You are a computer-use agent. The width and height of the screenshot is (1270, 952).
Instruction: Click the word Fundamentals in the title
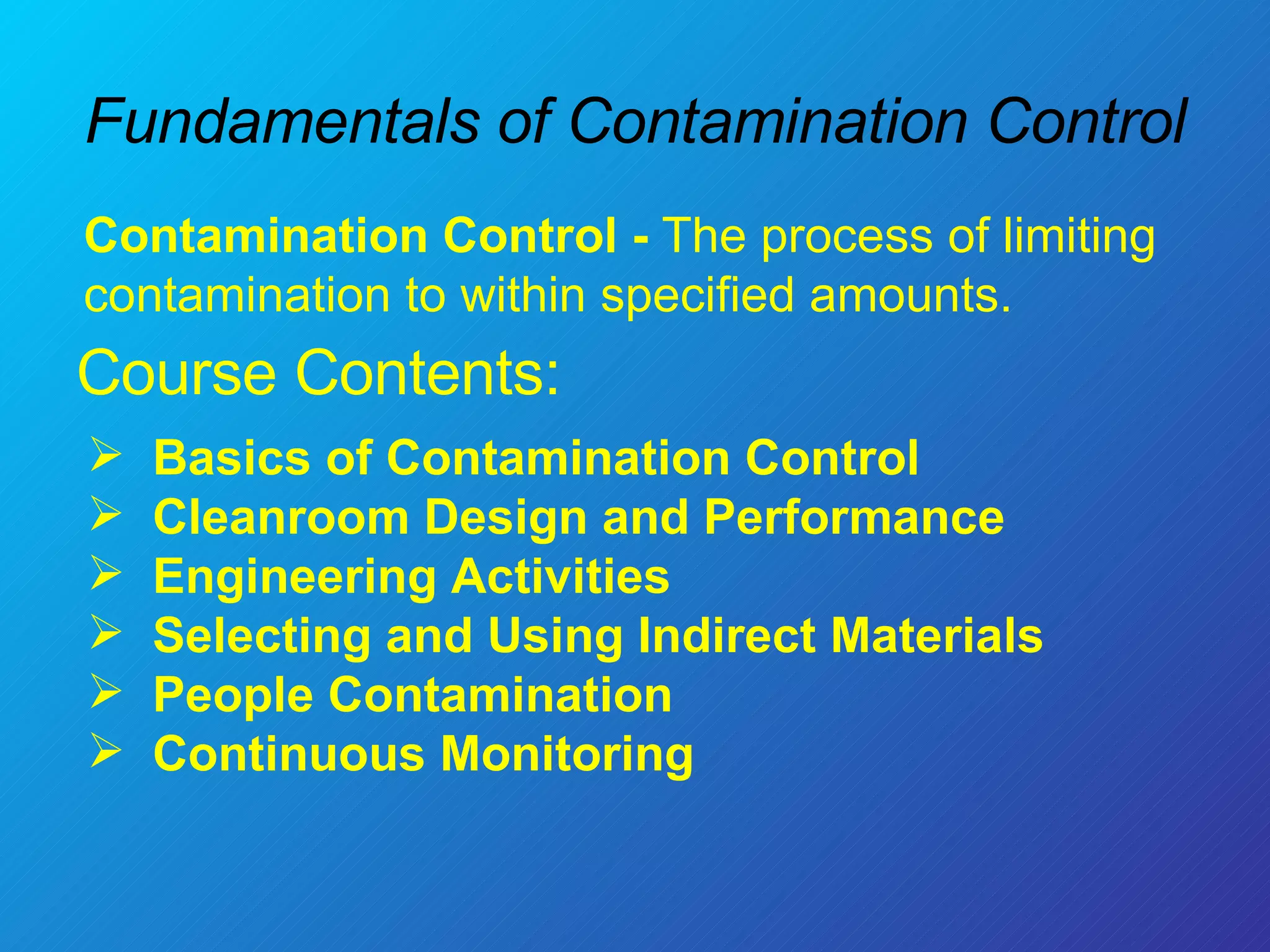click(x=283, y=121)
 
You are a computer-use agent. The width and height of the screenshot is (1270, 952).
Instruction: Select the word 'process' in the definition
click(x=846, y=237)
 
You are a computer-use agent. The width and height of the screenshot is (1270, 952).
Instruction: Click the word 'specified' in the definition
click(x=698, y=296)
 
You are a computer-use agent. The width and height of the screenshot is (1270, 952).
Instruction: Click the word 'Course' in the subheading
click(x=177, y=373)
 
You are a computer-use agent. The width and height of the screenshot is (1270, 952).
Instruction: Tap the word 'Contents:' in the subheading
click(x=427, y=373)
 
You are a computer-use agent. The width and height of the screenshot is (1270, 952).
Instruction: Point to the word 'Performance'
click(x=854, y=518)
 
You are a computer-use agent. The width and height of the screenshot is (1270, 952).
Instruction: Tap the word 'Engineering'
click(x=295, y=576)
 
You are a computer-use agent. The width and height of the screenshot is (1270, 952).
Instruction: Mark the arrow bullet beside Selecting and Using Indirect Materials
click(x=105, y=632)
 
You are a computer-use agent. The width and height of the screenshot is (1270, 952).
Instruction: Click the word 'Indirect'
click(x=726, y=636)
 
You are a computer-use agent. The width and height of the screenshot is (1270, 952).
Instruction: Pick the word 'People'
click(x=233, y=695)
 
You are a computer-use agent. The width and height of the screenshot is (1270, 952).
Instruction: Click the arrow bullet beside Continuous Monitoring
click(x=105, y=751)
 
